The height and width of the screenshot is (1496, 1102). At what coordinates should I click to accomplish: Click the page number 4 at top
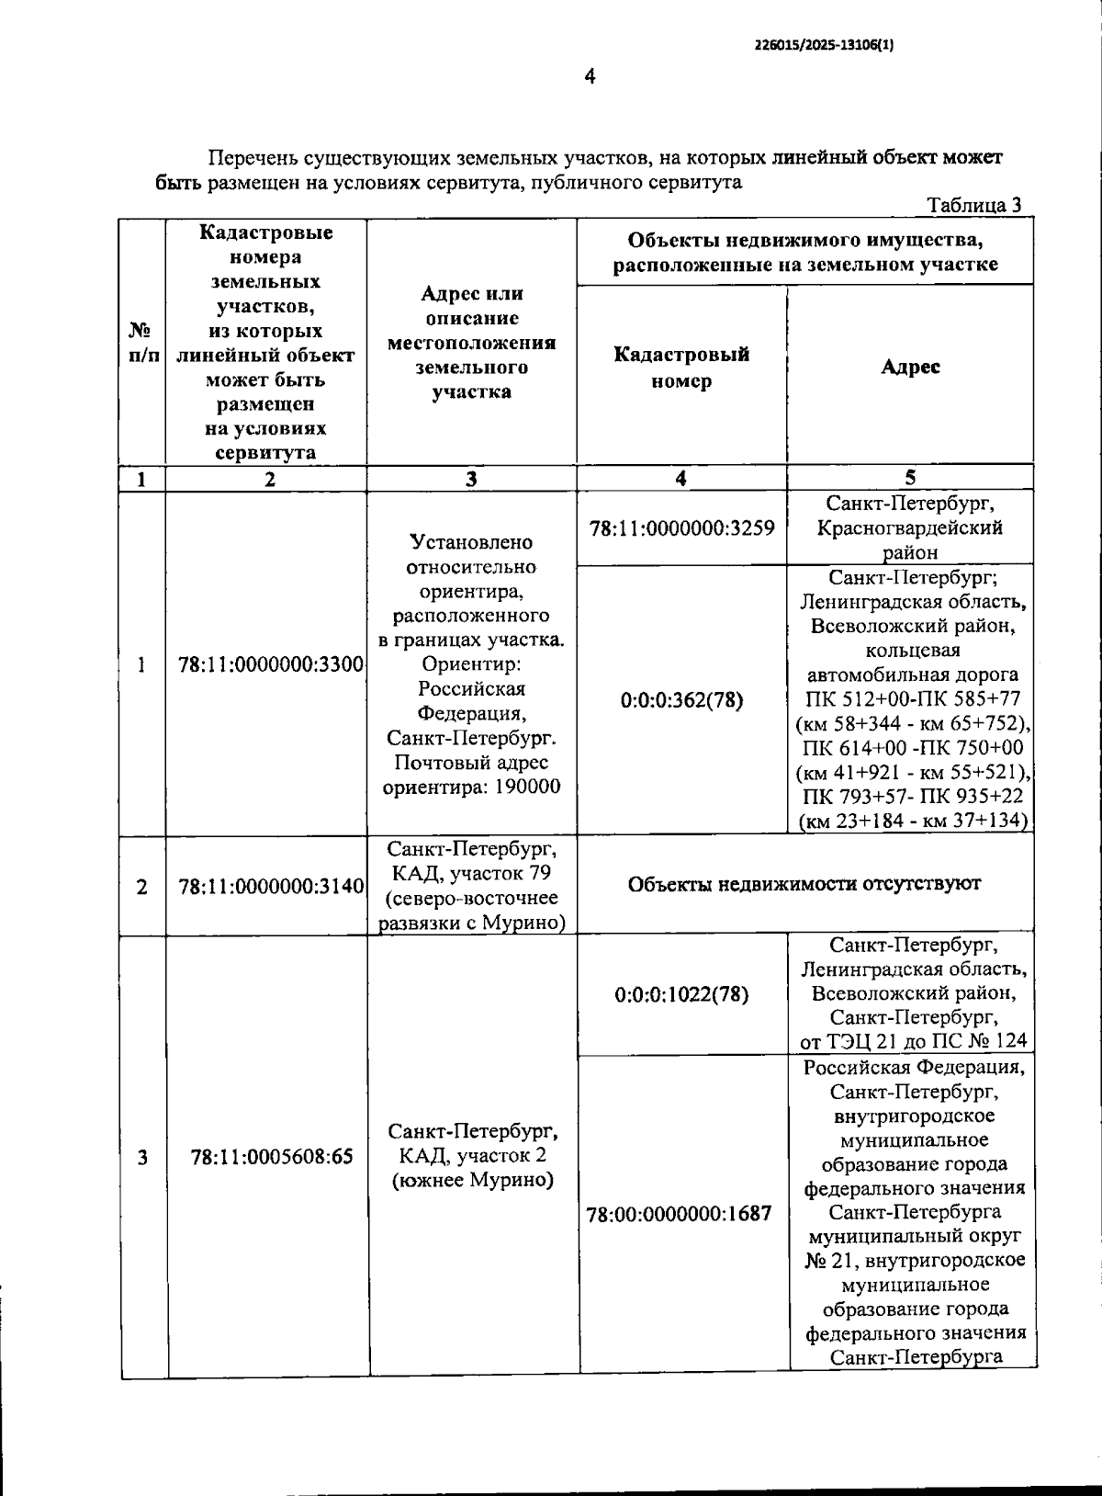[x=590, y=76]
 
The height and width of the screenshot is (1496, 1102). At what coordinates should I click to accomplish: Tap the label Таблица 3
[x=973, y=205]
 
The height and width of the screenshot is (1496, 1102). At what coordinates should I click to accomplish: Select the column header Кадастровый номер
[x=681, y=368]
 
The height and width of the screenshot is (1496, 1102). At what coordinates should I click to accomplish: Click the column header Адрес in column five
[x=910, y=367]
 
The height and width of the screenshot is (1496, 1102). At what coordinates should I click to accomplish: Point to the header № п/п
[x=141, y=342]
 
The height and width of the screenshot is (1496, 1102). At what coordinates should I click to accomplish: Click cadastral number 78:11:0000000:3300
[x=271, y=664]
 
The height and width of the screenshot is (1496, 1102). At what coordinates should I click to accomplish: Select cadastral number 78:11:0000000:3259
[x=681, y=528]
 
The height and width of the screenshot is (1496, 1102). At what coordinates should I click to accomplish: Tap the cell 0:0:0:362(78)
[x=681, y=700]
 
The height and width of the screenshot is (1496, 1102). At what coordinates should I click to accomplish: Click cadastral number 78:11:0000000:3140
[x=271, y=887]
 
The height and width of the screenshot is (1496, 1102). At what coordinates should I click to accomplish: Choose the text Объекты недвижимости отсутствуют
[x=804, y=884]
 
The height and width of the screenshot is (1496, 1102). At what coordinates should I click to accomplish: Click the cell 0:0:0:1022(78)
[x=681, y=994]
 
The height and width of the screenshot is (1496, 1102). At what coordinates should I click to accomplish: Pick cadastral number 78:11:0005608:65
[x=272, y=1157]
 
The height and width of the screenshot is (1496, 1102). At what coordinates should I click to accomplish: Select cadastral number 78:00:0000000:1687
[x=679, y=1214]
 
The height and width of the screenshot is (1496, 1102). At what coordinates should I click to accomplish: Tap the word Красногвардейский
[x=909, y=528]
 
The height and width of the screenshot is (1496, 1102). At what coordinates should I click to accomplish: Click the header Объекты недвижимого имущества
[x=805, y=241]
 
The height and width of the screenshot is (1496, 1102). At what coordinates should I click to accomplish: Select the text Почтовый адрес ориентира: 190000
[x=471, y=775]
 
